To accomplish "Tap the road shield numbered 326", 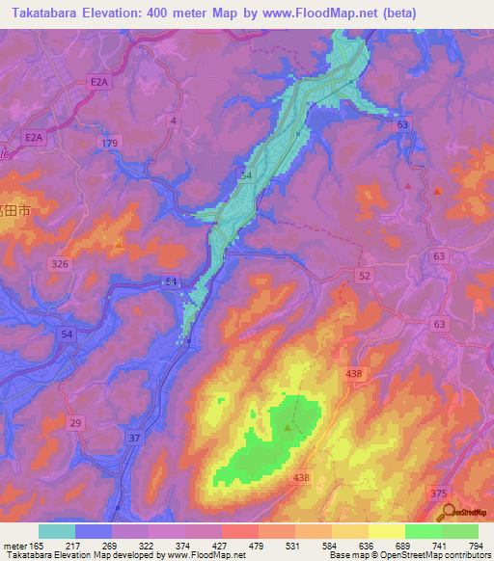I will (61, 263).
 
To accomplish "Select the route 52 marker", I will (365, 276).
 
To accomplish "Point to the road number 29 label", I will (76, 423).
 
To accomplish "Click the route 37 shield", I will (134, 437).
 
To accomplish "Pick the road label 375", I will (438, 493).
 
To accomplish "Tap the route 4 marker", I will (173, 120).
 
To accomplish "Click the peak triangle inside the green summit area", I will (288, 425).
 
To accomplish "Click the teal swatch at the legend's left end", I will (57, 530).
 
